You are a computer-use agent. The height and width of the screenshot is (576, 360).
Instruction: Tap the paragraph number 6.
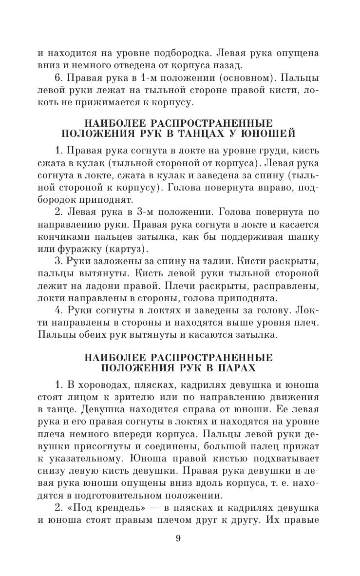point(57,77)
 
